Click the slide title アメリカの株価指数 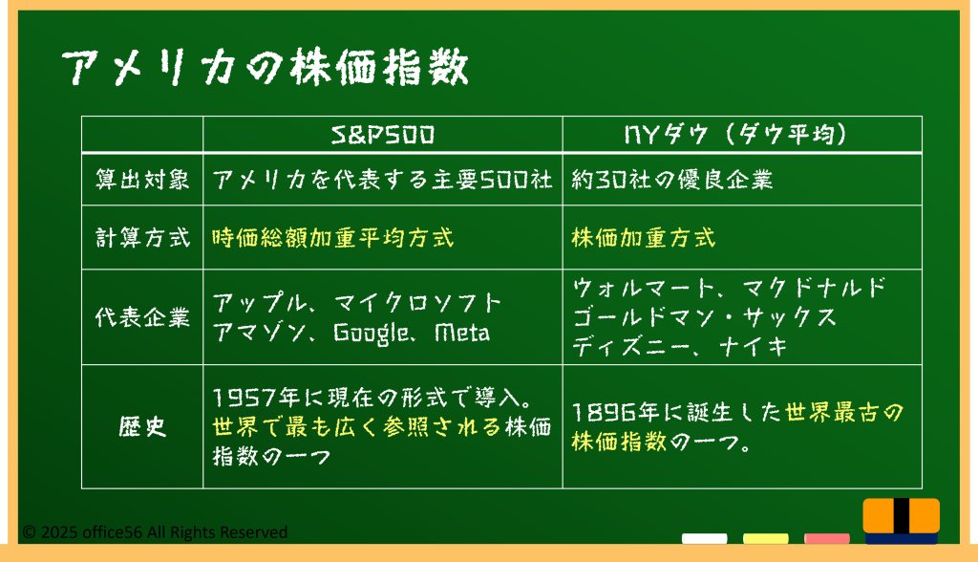[265, 67]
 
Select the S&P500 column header [382, 135]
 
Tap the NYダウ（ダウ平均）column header [736, 135]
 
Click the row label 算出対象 [142, 180]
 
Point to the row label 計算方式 [142, 238]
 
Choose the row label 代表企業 [142, 317]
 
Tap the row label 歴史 [142, 427]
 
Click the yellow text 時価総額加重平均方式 [333, 238]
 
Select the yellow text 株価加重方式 [643, 238]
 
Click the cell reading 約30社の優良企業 [671, 180]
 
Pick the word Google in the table [371, 333]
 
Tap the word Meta [461, 333]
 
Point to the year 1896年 [615, 412]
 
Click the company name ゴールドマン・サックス [704, 317]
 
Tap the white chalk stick [704, 538]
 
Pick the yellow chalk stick [765, 538]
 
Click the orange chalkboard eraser [902, 521]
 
